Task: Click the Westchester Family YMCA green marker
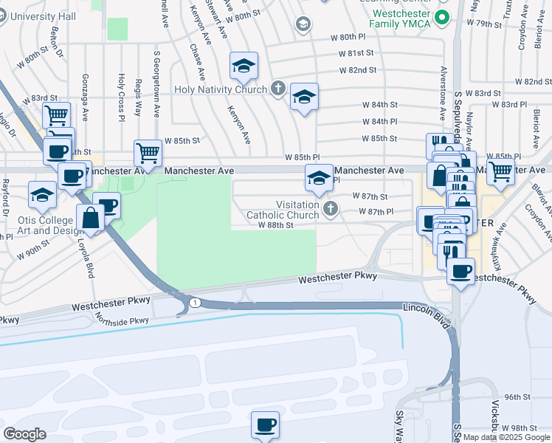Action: point(442,18)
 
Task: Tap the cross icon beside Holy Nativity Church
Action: point(278,90)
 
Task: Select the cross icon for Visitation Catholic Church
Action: point(330,210)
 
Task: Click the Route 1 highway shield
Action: point(194,303)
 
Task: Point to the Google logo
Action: point(24,434)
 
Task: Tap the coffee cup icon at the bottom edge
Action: point(266,425)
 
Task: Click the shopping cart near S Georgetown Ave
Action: point(148,153)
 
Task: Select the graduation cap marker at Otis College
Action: point(43,195)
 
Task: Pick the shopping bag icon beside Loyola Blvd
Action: point(90,218)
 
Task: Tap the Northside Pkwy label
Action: point(122,320)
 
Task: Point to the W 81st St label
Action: point(357,53)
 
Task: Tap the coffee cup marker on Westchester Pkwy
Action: point(460,271)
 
